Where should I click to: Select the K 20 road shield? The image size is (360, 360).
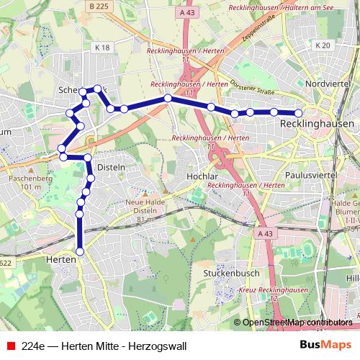(x=322, y=45)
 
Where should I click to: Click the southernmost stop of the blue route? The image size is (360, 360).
(x=80, y=251)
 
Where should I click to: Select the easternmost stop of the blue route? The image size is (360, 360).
(x=299, y=112)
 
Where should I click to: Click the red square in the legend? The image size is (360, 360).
(x=9, y=346)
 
